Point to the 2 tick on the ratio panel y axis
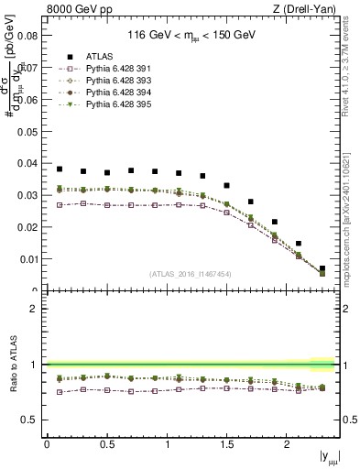[x=35, y=309]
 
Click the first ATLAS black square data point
[x=60, y=169]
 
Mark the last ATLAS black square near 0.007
[x=322, y=268]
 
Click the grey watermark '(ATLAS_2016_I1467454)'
[x=190, y=273]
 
